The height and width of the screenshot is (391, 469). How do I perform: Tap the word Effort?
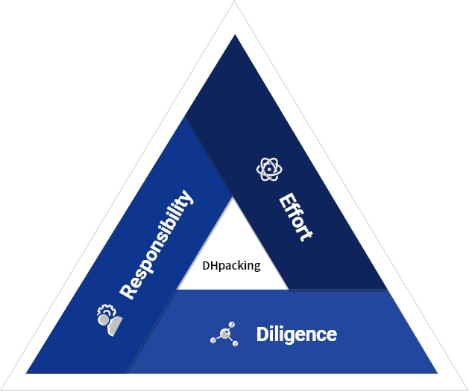295,217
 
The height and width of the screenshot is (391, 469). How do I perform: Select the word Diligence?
297,334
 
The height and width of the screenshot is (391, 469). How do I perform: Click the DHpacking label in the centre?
231,265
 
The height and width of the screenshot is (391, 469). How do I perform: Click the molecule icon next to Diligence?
224,334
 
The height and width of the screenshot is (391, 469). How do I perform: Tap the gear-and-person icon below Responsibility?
108,318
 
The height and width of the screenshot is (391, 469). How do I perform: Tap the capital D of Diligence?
262,334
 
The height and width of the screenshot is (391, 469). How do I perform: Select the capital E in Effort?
285,200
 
